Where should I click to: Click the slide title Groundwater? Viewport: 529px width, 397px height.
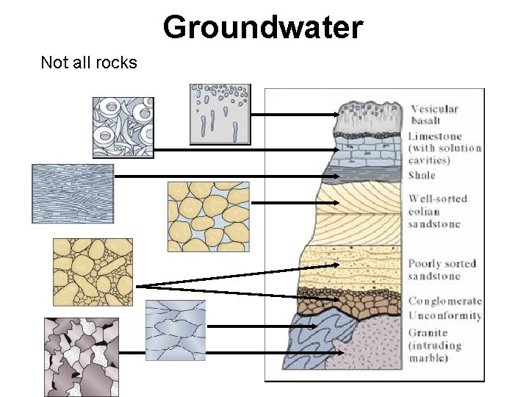coord(263,27)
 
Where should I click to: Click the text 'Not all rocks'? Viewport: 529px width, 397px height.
coord(89,62)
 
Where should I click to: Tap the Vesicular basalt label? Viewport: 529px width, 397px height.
coord(434,115)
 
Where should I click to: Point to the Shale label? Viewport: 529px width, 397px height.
coord(422,175)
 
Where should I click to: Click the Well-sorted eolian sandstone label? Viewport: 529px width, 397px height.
coord(438,211)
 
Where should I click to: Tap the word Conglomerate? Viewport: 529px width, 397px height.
coord(445,301)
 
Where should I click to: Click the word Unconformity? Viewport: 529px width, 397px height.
coord(445,315)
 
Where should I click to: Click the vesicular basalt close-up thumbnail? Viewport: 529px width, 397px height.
coord(220,113)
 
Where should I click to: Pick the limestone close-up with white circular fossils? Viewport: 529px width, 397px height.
coord(123,126)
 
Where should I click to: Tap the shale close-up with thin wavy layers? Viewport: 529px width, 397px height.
coord(73,193)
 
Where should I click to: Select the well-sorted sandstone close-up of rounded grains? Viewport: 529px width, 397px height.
coord(208,217)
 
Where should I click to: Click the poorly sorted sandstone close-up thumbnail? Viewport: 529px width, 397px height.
coord(93,271)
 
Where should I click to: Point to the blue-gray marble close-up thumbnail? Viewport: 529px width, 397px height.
coord(175,330)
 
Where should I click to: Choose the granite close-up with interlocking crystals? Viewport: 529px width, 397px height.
coord(81,357)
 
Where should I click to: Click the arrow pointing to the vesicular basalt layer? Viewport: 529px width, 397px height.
coord(294,115)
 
